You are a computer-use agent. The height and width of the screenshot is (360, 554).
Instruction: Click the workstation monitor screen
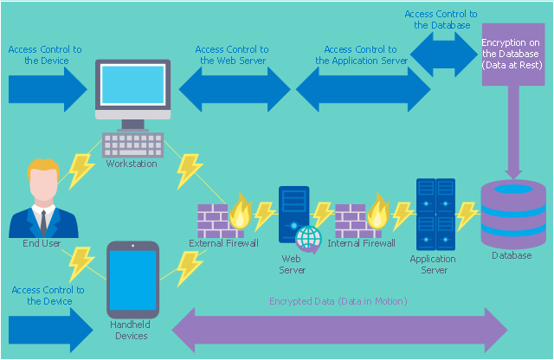pos(132,85)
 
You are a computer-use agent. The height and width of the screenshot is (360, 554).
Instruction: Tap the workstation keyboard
pos(132,145)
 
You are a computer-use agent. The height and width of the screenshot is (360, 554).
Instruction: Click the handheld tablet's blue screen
pos(132,280)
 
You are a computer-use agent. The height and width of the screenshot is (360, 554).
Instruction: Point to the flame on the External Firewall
pos(241,211)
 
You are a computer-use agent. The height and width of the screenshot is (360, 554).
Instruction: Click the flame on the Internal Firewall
pos(378,211)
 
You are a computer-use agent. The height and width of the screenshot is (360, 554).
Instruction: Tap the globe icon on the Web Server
pos(309,239)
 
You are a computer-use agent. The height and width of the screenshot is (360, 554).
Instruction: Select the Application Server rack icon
pos(435,215)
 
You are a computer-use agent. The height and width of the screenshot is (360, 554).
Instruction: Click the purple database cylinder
pos(513,214)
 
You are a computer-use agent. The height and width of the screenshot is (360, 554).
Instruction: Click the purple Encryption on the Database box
pos(513,55)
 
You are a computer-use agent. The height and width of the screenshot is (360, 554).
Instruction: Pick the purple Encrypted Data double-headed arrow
pos(339,330)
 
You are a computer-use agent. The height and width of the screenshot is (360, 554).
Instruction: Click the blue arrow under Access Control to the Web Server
pos(235,89)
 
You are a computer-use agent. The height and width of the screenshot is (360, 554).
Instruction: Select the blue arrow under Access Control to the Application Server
pos(364,89)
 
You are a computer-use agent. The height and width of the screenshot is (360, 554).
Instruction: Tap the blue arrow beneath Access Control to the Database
pos(444,55)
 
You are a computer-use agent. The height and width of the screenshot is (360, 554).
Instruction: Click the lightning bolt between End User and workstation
pos(81,171)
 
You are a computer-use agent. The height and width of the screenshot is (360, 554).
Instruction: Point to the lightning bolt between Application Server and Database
pos(467,215)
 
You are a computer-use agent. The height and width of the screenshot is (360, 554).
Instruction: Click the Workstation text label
pos(132,164)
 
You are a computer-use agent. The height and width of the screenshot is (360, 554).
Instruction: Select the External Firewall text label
pos(223,243)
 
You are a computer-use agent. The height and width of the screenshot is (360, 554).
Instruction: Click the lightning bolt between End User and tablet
pos(81,265)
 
